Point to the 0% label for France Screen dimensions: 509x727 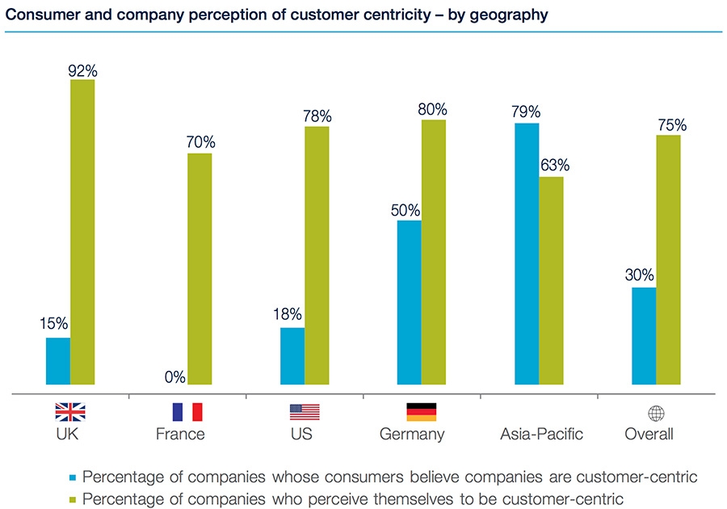point(174,377)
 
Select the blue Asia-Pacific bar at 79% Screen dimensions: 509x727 point(526,254)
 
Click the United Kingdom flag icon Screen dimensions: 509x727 point(69,413)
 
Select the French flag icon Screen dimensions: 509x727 point(187,413)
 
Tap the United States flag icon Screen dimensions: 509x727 point(305,413)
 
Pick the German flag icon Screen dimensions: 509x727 point(421,413)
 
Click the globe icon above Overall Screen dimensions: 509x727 point(656,413)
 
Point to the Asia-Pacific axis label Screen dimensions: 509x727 point(541,435)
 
